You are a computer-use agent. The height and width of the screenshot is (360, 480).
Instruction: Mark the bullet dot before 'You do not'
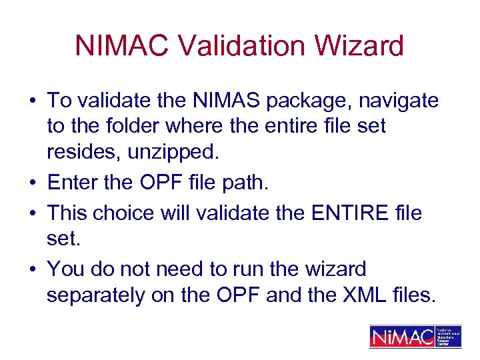(x=33, y=269)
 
